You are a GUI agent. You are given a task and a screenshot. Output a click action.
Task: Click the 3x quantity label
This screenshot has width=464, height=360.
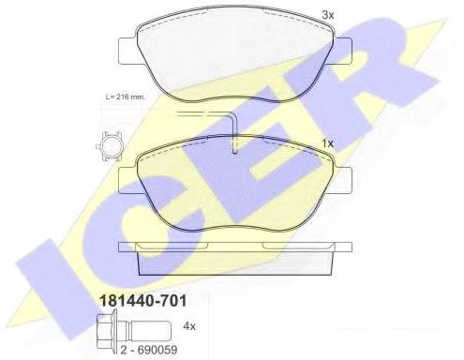[x=328, y=15]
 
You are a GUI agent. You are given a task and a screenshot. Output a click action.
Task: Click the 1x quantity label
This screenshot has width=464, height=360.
[x=328, y=143]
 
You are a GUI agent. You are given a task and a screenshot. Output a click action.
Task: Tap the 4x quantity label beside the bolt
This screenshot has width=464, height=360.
[x=189, y=326]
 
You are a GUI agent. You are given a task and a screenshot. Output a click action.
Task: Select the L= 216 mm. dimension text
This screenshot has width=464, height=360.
[x=125, y=97]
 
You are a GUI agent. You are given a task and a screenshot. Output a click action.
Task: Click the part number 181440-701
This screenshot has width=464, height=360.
[x=142, y=301]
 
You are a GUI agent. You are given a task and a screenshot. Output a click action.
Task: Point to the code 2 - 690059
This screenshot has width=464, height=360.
[x=149, y=350]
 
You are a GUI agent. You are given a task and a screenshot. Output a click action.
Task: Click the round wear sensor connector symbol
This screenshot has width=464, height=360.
[x=109, y=146]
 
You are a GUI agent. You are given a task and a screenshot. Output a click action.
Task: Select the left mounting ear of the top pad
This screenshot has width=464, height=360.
[x=127, y=52]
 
